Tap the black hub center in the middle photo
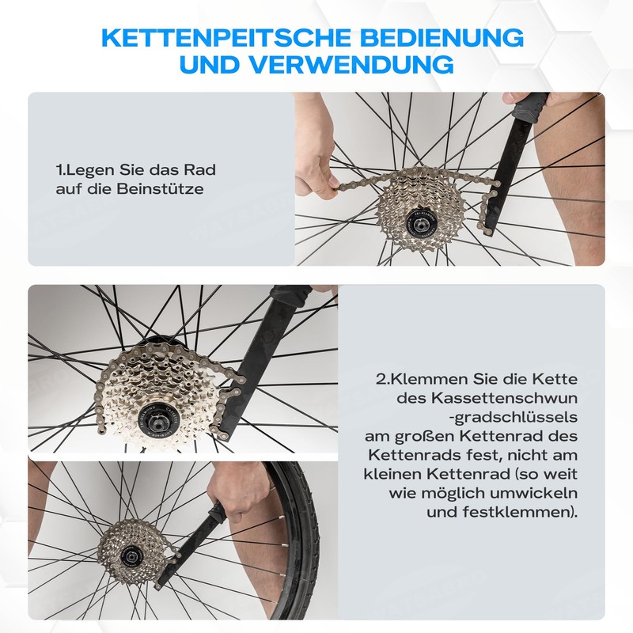pyautogui.click(x=152, y=419)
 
